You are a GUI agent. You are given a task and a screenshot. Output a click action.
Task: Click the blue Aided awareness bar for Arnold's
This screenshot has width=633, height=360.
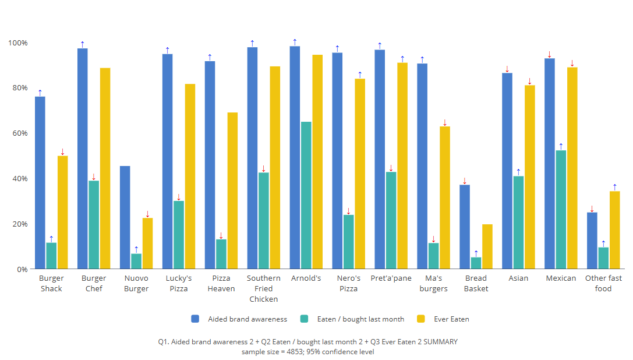click(295, 157)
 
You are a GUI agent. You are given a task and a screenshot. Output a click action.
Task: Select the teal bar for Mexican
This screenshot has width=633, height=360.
click(561, 210)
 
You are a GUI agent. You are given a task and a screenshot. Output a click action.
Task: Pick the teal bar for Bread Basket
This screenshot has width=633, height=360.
click(476, 263)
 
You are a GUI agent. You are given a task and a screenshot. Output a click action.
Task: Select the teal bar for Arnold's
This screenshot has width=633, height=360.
click(306, 195)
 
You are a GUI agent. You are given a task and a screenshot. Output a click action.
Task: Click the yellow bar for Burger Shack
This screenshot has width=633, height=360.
click(62, 212)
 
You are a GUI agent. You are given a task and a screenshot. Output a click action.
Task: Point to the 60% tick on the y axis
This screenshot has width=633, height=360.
click(17, 133)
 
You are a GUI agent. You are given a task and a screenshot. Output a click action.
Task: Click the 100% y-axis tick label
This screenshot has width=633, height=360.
click(17, 43)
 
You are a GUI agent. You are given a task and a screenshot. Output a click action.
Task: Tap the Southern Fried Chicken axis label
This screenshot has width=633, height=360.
click(264, 288)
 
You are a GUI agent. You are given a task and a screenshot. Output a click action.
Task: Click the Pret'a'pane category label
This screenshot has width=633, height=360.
click(391, 278)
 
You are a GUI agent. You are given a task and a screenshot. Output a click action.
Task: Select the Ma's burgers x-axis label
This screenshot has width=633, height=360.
click(433, 283)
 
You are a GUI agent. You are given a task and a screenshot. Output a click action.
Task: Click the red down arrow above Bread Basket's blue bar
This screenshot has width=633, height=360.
click(465, 181)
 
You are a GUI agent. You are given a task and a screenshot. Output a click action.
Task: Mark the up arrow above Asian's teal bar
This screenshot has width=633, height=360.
click(518, 172)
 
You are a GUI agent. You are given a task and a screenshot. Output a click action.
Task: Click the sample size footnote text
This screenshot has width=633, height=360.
click(307, 351)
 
